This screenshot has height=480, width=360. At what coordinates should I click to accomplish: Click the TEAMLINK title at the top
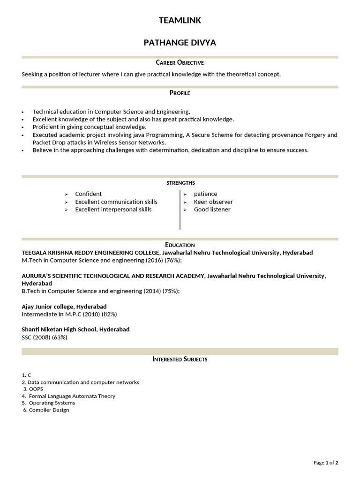[180, 20]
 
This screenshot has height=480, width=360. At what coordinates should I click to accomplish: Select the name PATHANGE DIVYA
[180, 43]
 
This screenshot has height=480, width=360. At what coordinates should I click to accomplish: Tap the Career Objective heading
[180, 62]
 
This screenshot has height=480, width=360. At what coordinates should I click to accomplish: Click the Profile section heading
[180, 93]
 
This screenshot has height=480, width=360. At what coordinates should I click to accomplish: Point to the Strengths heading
[180, 183]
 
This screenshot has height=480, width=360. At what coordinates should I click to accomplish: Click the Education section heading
[180, 245]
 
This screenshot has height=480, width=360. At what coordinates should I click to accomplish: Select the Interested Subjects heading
[180, 359]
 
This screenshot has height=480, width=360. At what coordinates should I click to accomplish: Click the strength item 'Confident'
[88, 194]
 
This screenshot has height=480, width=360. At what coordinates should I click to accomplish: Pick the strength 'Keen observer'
[213, 202]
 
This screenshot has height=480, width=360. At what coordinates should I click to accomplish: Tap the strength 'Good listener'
[212, 210]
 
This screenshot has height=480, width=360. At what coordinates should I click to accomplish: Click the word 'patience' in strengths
[205, 194]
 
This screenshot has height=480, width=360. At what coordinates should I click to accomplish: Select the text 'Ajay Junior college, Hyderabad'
[64, 307]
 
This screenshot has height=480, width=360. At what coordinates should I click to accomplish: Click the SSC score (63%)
[60, 337]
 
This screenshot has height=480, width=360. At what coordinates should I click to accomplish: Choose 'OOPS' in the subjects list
[36, 389]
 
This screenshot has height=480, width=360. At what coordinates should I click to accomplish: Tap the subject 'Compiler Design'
[49, 410]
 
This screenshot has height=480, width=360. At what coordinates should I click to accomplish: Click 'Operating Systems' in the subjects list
[52, 403]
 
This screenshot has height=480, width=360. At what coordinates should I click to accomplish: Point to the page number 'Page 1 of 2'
[326, 463]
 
